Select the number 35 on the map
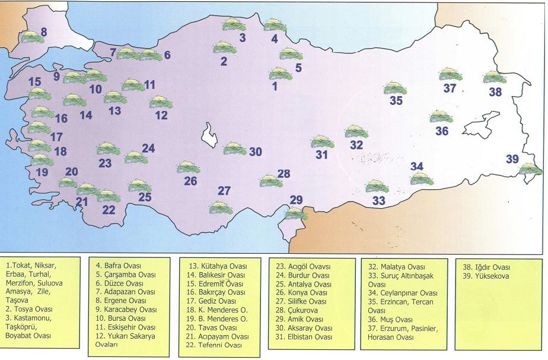point(396,101)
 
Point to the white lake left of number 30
point(209,135)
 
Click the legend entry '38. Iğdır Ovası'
point(485,267)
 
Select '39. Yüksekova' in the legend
point(482,276)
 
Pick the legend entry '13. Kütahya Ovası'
point(217,266)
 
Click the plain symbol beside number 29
point(296,214)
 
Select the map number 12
point(161,116)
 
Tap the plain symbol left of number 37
point(448,74)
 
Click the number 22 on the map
point(109,209)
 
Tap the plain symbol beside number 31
point(323,142)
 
